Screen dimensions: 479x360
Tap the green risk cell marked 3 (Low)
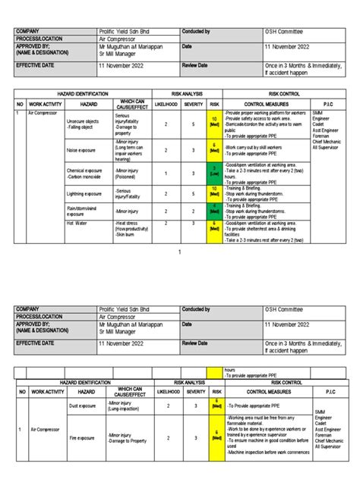pyautogui.click(x=215, y=172)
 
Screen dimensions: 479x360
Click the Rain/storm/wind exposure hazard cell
pyautogui.click(x=83, y=211)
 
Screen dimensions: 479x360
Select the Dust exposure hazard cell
pyautogui.click(x=81, y=406)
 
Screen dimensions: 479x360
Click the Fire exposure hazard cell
pyautogui.click(x=81, y=438)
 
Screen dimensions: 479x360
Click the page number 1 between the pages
pyautogui.click(x=180, y=251)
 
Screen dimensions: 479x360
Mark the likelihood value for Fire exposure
pyautogui.click(x=166, y=438)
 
